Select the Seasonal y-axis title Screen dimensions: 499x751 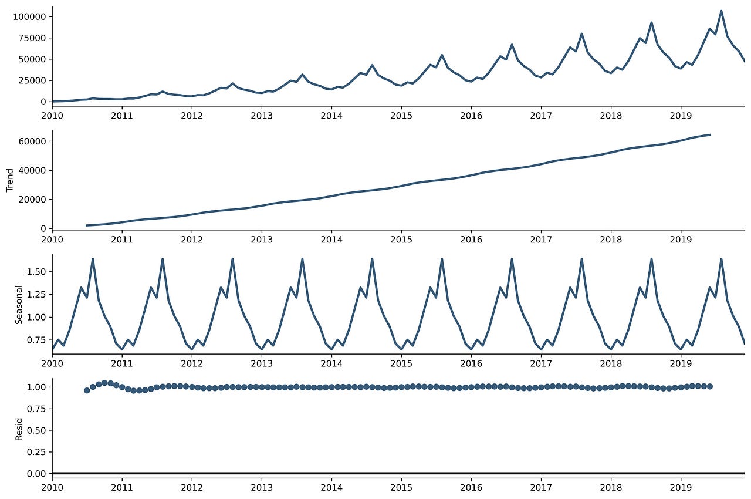19,304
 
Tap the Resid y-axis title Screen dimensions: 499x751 19,429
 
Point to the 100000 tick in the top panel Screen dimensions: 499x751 30,16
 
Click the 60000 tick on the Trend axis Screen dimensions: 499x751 34,141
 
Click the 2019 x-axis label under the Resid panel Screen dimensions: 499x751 681,487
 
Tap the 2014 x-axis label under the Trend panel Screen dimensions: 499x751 331,240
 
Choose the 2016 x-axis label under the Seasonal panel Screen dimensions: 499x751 471,365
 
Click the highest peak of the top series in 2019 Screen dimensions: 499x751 721,11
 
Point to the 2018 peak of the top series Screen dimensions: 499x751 651,23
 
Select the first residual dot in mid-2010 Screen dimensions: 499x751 87,390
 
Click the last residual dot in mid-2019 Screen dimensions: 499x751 710,386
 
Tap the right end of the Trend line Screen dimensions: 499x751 710,135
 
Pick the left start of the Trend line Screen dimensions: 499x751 87,225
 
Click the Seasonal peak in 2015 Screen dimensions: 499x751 442,259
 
